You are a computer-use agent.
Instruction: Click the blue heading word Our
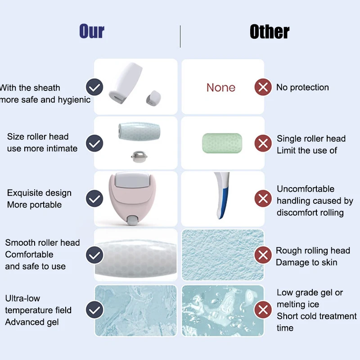tap(92, 31)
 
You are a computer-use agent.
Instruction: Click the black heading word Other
tap(270, 31)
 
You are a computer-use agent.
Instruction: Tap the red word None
tap(221, 87)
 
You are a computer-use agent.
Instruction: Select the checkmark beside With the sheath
tap(94, 87)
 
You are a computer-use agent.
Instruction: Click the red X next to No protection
tap(263, 87)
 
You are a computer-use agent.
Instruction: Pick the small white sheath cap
tap(153, 98)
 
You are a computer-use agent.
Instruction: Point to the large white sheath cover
tap(125, 83)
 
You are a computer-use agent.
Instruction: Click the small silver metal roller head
tap(139, 157)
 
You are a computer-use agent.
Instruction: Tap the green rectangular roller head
tap(222, 143)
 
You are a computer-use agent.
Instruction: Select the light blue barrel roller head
tap(139, 131)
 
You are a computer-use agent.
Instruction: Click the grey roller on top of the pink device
tap(131, 180)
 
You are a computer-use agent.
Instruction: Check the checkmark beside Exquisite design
tap(94, 198)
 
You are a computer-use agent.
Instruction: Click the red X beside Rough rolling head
tap(263, 255)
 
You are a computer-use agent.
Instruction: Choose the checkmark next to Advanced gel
tap(94, 310)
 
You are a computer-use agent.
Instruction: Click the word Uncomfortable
tap(306, 189)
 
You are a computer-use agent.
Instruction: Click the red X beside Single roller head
tap(263, 143)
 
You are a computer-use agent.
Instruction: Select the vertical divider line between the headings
tap(180, 36)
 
